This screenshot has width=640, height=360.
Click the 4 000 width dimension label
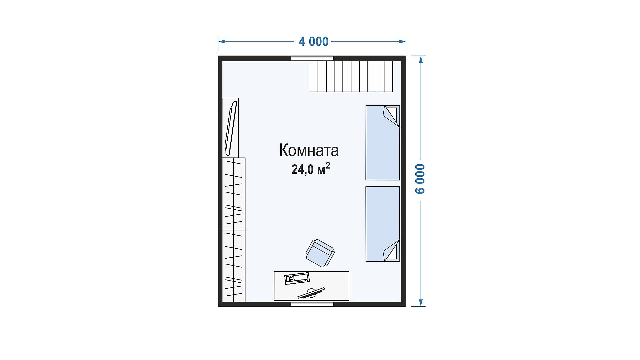click(314, 42)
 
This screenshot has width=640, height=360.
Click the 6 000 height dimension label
click(420, 179)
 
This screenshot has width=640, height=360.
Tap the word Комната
click(309, 150)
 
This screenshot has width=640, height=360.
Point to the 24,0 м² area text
click(311, 169)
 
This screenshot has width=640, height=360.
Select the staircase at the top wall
click(351, 76)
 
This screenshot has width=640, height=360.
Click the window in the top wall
click(312, 58)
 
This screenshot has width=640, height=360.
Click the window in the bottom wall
click(312, 304)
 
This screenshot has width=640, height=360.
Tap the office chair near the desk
click(320, 253)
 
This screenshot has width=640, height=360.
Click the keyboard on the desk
click(297, 278)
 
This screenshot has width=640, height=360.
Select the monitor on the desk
click(311, 293)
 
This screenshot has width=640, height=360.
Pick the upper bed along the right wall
click(383, 143)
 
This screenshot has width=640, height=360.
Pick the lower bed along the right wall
click(383, 224)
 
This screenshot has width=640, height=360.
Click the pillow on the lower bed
click(391, 250)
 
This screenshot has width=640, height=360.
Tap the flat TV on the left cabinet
click(231, 128)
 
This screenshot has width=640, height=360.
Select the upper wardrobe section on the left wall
click(234, 194)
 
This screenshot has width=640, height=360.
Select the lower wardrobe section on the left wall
click(234, 266)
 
